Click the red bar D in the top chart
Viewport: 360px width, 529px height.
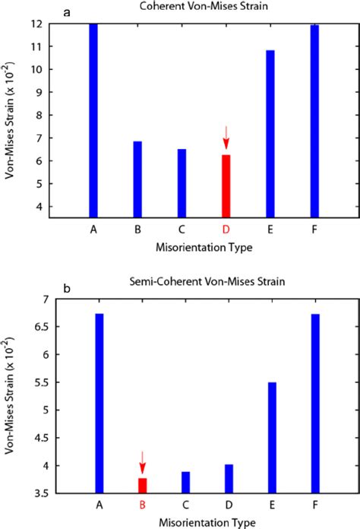[x=226, y=186]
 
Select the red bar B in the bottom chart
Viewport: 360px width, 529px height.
[x=142, y=485]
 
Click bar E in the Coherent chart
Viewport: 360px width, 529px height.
[x=270, y=134]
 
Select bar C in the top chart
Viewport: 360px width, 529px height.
[x=182, y=183]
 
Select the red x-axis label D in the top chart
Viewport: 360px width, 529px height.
[x=226, y=229]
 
